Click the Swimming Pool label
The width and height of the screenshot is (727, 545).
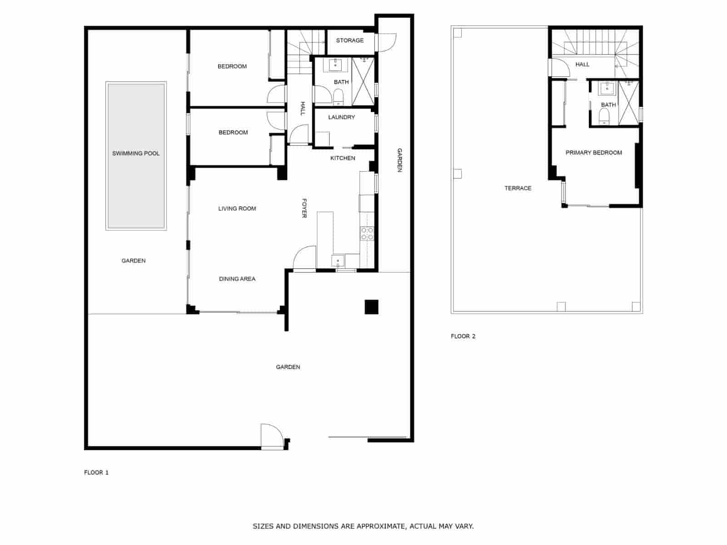136,154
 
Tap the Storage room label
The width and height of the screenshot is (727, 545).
349,40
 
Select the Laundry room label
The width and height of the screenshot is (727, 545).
341,117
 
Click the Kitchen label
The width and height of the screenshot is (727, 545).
343,158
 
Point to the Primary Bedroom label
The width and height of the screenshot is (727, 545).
593,153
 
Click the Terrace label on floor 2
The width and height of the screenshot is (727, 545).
518,188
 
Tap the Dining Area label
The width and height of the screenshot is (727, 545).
237,279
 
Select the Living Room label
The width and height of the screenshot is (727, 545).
237,208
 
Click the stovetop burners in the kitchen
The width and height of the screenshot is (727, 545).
367,234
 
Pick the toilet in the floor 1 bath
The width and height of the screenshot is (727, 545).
338,97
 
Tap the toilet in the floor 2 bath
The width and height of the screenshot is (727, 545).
604,118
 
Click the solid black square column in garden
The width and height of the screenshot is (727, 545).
371,307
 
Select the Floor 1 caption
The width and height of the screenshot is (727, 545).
96,472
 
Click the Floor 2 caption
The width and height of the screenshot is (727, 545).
463,336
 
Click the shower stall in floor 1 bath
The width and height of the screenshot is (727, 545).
363,82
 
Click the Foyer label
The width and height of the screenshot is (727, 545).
304,208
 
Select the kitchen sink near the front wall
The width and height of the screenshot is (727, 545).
338,261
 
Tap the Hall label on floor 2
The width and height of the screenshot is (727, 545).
582,64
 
